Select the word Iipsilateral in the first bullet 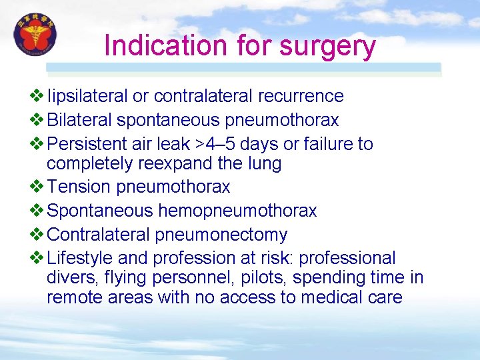click(87, 97)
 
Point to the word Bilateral click(79, 120)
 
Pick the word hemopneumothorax click(237, 211)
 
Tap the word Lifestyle click(78, 258)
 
